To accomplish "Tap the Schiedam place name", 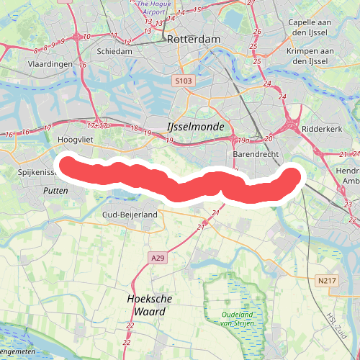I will [x=114, y=52].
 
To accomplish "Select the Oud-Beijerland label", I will [x=130, y=215].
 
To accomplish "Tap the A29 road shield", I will [x=158, y=257].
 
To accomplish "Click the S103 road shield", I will [x=183, y=82].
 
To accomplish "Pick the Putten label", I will [x=55, y=190].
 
